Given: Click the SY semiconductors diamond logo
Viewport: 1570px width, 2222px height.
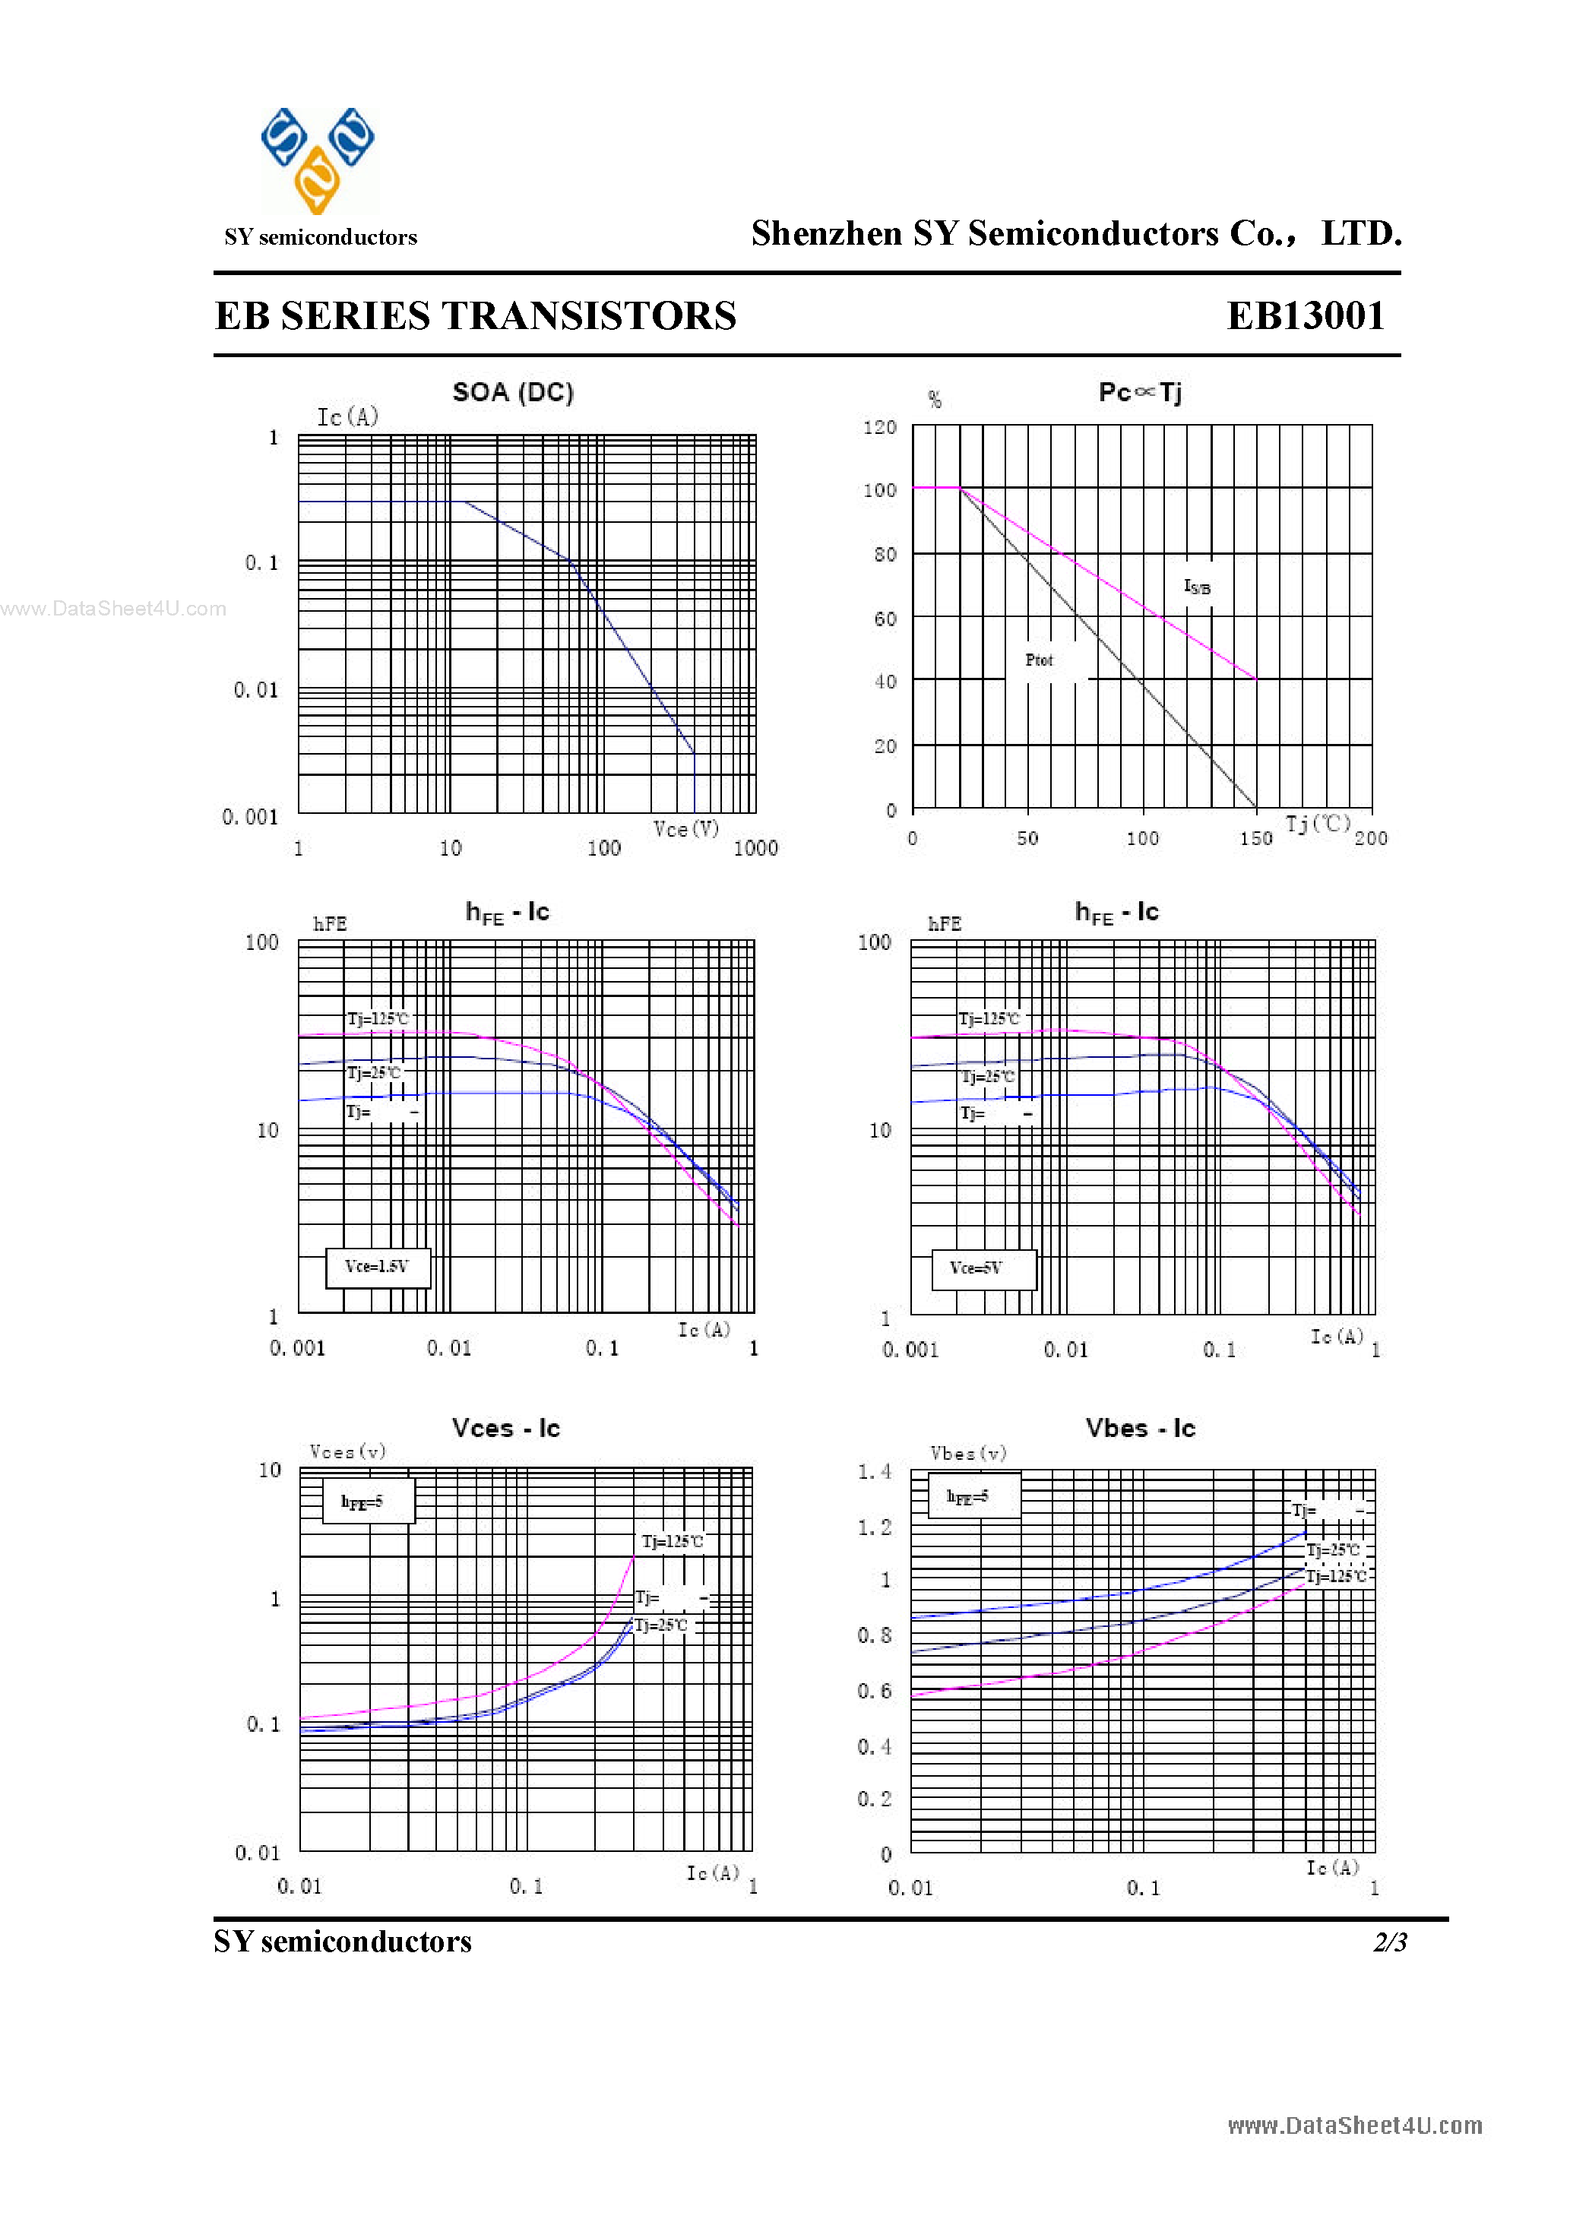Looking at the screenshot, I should click(318, 160).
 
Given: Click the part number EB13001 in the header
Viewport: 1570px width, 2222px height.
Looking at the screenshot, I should click(1306, 316).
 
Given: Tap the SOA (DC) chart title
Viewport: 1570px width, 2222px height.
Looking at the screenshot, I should click(513, 393).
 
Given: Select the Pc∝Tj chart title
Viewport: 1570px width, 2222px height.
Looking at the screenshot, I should click(1139, 393).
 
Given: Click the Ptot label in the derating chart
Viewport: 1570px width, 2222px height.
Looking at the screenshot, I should click(1039, 660).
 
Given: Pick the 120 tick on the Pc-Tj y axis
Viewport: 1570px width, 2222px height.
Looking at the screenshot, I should click(879, 428).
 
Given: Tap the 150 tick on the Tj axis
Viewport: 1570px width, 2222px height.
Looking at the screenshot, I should click(1255, 839).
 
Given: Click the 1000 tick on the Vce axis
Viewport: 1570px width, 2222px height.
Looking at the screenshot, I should click(755, 849).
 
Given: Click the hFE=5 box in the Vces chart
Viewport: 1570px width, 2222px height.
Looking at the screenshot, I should click(368, 1501).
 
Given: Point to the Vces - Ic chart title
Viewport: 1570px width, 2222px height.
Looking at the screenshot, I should click(505, 1429).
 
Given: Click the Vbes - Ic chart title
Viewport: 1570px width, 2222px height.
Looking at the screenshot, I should click(1139, 1429).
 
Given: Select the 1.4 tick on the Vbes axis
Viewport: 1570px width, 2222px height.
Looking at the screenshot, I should click(873, 1472).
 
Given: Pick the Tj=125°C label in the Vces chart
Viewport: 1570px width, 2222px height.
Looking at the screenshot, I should click(672, 1540).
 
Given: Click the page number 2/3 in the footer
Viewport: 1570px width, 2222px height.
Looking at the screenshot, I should click(1389, 1942).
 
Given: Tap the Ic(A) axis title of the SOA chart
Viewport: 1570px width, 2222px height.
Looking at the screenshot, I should click(347, 417).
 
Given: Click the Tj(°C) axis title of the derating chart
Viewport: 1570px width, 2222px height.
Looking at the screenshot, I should click(1318, 824).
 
